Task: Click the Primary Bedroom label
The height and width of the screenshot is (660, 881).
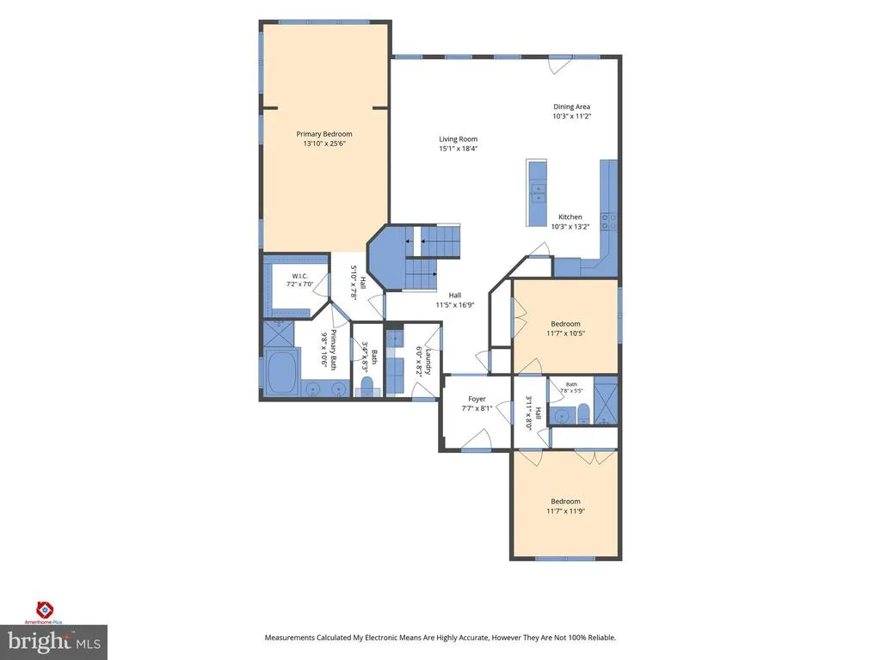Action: click(x=324, y=134)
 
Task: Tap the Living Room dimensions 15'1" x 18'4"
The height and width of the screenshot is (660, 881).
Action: click(x=458, y=149)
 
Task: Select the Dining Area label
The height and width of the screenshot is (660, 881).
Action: click(x=571, y=107)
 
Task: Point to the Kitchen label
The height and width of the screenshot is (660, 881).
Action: click(x=570, y=217)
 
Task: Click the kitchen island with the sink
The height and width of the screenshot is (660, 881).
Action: click(x=537, y=193)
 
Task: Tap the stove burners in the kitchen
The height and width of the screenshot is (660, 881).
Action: click(x=609, y=221)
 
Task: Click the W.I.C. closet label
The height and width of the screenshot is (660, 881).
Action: click(x=299, y=276)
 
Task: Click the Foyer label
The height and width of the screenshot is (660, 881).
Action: click(x=477, y=399)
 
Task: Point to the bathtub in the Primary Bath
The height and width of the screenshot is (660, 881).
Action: click(x=281, y=372)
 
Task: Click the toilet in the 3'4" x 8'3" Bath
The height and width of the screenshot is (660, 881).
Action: click(x=367, y=387)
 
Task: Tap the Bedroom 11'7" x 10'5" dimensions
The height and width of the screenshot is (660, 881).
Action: click(x=566, y=333)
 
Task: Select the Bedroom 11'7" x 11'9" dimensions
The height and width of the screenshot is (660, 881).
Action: click(x=566, y=511)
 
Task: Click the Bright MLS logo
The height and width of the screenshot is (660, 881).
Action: click(x=53, y=642)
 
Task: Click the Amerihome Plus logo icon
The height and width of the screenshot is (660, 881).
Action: click(x=45, y=609)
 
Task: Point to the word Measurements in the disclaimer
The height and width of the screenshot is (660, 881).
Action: click(x=289, y=638)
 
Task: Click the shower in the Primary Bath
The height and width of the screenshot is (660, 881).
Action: click(x=279, y=334)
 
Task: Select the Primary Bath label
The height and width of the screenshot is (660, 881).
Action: click(x=333, y=350)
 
